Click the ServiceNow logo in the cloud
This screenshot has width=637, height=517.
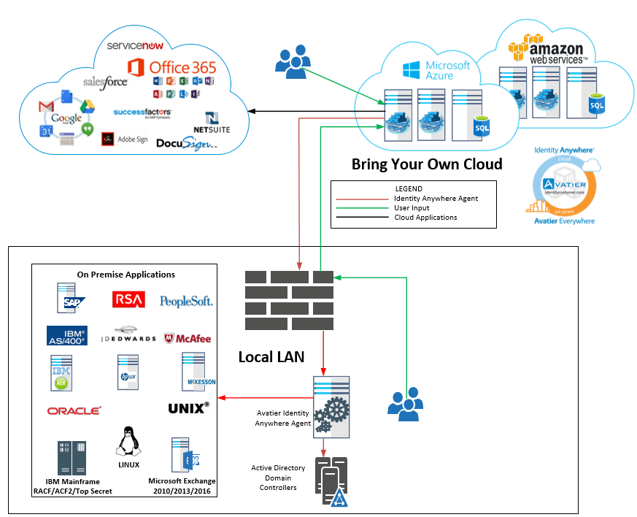[x=135, y=45]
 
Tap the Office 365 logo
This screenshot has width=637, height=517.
[x=172, y=68]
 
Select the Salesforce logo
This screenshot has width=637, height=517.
[x=105, y=82]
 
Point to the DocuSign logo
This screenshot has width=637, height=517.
[x=187, y=143]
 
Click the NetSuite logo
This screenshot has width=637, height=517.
[x=212, y=123]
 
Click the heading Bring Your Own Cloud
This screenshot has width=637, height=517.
[x=427, y=164]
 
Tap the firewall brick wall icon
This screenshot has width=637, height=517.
[x=289, y=300]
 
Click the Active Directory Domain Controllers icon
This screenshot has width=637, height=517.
[x=333, y=482]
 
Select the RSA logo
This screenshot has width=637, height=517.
[x=128, y=299]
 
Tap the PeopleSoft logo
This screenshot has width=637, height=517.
[x=186, y=300]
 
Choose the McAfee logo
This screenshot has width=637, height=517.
[x=188, y=338]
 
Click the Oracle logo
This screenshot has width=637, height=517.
[x=74, y=410]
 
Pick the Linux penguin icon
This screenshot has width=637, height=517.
[x=128, y=443]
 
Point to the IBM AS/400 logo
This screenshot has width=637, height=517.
[x=67, y=336]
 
